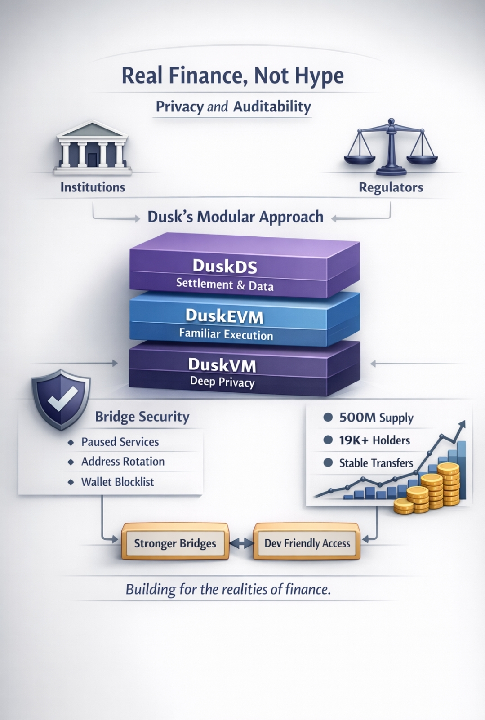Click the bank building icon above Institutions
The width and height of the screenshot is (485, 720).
(92, 148)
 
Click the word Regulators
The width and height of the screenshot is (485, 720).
(391, 187)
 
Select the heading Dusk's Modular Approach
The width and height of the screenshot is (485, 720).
(236, 217)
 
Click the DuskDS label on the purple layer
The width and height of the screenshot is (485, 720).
(225, 266)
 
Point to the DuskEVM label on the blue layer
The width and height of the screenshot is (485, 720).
(224, 316)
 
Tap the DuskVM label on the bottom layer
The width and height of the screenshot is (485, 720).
(222, 364)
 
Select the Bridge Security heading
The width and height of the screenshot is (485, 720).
(142, 417)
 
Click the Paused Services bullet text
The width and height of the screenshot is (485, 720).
(120, 442)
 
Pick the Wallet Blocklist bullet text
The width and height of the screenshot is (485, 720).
(117, 482)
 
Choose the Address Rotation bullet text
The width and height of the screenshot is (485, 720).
(123, 462)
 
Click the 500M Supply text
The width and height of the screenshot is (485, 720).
(376, 418)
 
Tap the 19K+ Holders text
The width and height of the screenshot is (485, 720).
(374, 440)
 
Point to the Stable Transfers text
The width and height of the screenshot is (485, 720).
(376, 463)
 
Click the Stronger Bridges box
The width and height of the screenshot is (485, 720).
(175, 543)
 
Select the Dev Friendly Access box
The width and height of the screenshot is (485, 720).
(307, 543)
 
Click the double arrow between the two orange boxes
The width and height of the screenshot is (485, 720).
(241, 543)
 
